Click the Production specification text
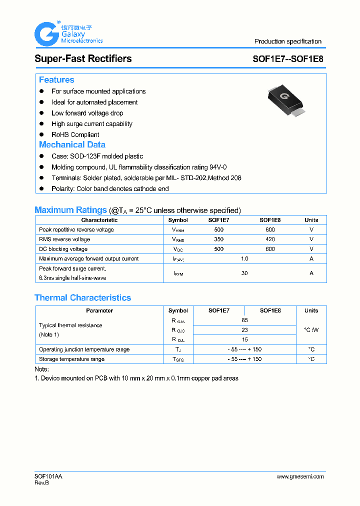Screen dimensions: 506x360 (x=287, y=41)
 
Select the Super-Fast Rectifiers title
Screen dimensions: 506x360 (x=83, y=58)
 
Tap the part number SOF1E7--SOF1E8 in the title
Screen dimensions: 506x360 (x=287, y=58)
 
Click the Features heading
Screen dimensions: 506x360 (x=56, y=80)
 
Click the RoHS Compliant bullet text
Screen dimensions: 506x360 (x=75, y=134)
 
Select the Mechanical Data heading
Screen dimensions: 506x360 (x=72, y=144)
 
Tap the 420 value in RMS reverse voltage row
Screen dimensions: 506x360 (x=270, y=239)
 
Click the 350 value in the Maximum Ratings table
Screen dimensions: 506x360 (x=218, y=239)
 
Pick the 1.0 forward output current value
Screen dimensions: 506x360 (x=244, y=259)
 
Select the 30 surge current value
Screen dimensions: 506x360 (x=244, y=273)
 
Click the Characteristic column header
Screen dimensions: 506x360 (x=99, y=220)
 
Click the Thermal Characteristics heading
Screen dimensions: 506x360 (x=82, y=297)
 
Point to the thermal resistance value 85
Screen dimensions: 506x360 (x=244, y=320)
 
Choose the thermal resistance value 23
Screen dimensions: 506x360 (x=244, y=330)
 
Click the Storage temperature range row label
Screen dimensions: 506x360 (x=71, y=359)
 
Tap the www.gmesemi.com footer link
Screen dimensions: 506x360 (x=300, y=476)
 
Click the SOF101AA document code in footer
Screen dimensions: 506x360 (x=48, y=476)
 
